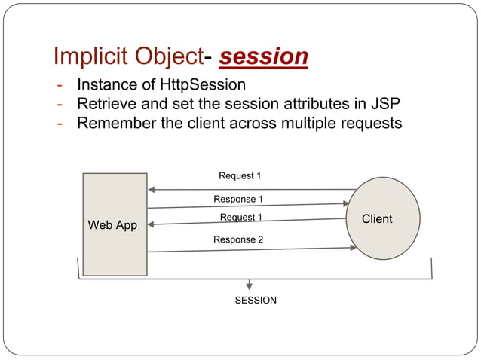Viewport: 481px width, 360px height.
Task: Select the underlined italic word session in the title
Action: [263, 56]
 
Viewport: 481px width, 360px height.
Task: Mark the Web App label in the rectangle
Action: [112, 225]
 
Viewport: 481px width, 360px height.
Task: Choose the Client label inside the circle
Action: [377, 219]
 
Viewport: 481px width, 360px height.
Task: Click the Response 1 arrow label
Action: [238, 200]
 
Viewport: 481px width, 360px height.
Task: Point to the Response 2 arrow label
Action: [238, 239]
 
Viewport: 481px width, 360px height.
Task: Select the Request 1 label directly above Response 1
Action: [240, 175]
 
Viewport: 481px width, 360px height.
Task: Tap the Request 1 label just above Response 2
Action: [240, 218]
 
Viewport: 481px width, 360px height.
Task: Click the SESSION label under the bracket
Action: [256, 301]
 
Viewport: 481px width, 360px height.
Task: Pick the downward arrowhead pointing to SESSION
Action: [250, 285]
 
